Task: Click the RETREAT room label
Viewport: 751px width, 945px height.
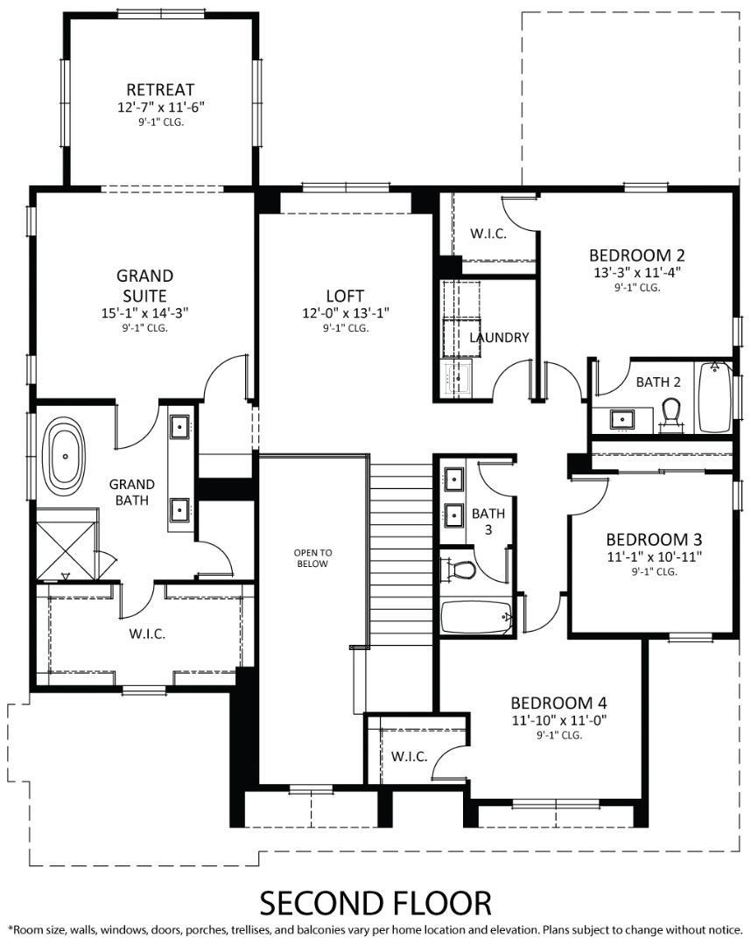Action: [160, 89]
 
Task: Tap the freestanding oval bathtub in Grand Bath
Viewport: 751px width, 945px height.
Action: [66, 456]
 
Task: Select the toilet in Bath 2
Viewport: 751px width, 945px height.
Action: [672, 415]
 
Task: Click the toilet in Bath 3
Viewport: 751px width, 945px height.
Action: [462, 570]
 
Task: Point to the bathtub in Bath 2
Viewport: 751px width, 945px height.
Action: [714, 397]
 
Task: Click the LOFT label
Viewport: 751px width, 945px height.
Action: [345, 296]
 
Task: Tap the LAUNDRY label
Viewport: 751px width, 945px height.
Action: [499, 337]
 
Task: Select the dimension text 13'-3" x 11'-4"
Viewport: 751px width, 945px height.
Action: [636, 271]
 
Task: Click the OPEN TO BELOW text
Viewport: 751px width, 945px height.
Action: [312, 557]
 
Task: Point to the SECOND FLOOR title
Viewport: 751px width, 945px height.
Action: [375, 901]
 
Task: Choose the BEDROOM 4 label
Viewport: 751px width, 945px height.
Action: [558, 703]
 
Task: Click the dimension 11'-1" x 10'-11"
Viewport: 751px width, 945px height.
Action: [654, 556]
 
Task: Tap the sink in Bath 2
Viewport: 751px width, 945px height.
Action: [623, 419]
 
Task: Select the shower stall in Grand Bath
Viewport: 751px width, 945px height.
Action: [65, 550]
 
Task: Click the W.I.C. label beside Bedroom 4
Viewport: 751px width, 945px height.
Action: [409, 756]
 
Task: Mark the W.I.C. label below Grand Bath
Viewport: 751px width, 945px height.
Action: [147, 633]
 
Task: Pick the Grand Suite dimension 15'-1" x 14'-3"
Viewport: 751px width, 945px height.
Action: [144, 312]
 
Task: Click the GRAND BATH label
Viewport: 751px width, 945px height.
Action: [131, 492]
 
